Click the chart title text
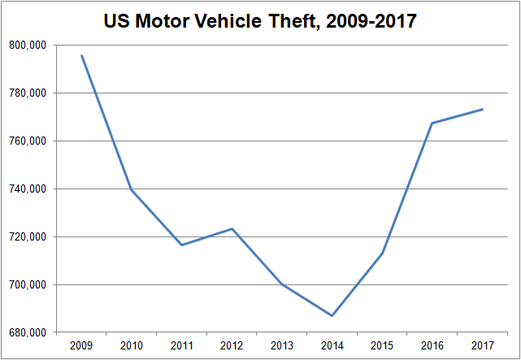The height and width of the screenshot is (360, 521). (x=260, y=20)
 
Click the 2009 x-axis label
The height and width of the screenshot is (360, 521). (x=81, y=346)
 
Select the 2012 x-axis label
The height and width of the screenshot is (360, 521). (x=232, y=346)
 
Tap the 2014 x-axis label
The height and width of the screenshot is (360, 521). (x=332, y=346)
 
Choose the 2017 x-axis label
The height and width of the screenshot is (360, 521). (x=482, y=346)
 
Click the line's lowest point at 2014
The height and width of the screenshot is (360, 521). (x=332, y=315)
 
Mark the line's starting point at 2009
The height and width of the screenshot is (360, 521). (x=81, y=55)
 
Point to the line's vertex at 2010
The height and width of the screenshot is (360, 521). (x=132, y=190)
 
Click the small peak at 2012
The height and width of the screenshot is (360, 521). (x=232, y=228)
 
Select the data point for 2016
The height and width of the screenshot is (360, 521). (x=432, y=123)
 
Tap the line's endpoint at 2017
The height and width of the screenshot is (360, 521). (x=482, y=109)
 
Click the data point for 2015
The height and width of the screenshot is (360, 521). (x=382, y=253)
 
